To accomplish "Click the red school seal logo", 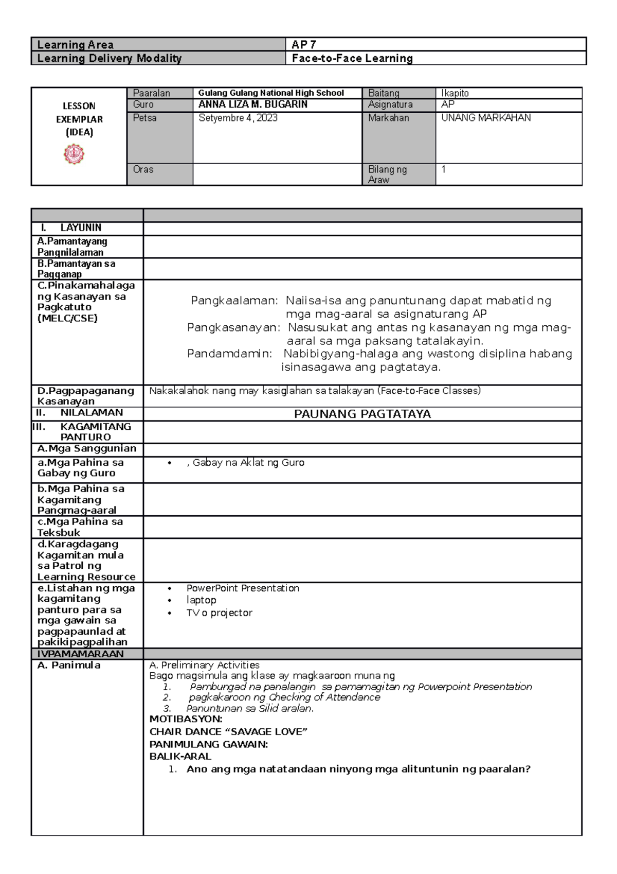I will pyautogui.click(x=74, y=154).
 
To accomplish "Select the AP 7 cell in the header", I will pyautogui.click(x=304, y=45).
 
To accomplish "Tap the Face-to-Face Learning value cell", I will pyautogui.click(x=352, y=58).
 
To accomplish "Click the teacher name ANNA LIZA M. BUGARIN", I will pyautogui.click(x=253, y=104).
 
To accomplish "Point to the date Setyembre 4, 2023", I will pyautogui.click(x=238, y=118).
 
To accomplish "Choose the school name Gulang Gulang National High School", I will pyautogui.click(x=271, y=93).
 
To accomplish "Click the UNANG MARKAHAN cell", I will pyautogui.click(x=486, y=118).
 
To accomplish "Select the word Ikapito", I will pyautogui.click(x=455, y=93).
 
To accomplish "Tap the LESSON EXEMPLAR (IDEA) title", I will pyautogui.click(x=79, y=119).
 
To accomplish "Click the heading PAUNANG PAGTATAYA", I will pyautogui.click(x=362, y=414).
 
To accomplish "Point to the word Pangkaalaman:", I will pyautogui.click(x=234, y=301).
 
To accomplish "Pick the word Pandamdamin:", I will pyautogui.click(x=229, y=354).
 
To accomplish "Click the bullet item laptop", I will pyautogui.click(x=201, y=600).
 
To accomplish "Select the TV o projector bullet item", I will pyautogui.click(x=219, y=613).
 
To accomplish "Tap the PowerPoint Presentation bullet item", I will pyautogui.click(x=243, y=588).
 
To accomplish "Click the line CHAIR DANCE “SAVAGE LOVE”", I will pyautogui.click(x=228, y=732).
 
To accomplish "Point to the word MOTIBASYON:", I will pyautogui.click(x=186, y=719).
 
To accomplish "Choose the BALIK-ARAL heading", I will pyautogui.click(x=180, y=757).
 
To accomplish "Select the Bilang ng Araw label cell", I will pyautogui.click(x=387, y=174).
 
